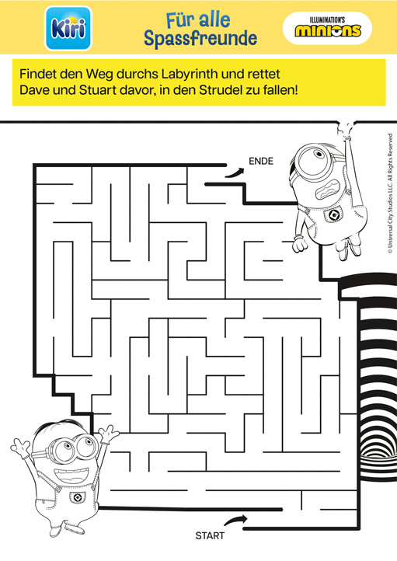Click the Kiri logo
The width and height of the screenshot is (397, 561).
[68, 28]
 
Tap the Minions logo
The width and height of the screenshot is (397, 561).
[327, 28]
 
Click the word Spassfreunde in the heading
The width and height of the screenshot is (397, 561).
[200, 39]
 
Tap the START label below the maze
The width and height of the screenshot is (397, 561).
[210, 535]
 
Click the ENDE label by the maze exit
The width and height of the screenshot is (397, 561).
[261, 161]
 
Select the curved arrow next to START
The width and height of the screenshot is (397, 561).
[235, 520]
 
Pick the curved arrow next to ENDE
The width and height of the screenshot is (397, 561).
[235, 173]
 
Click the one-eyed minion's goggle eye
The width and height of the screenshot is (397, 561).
[313, 159]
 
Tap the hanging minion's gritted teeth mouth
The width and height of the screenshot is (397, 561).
[328, 190]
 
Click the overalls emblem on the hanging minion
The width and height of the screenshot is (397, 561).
[335, 214]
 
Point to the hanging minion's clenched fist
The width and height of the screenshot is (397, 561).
[300, 244]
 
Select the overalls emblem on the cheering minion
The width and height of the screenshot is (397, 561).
[77, 497]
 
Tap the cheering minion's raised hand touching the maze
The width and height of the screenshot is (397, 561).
[108, 433]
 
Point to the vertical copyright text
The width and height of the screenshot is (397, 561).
[390, 193]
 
